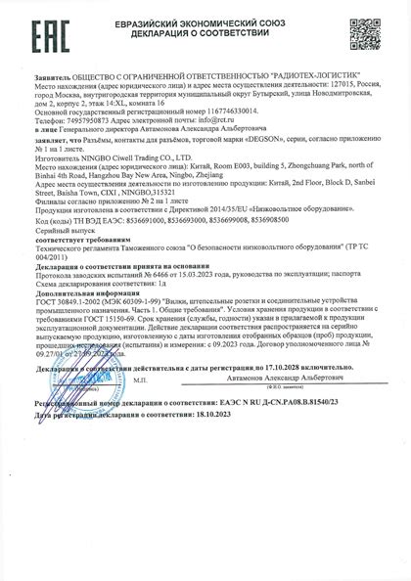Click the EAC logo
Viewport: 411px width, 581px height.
pyautogui.click(x=35, y=35)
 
